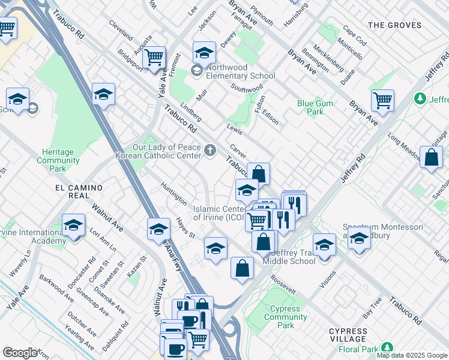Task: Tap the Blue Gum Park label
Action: click(315, 107)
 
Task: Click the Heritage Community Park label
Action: click(58, 161)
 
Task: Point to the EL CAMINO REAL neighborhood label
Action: click(79, 188)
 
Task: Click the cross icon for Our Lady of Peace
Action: click(209, 151)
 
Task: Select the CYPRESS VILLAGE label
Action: click(348, 335)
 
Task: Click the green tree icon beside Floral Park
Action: click(387, 348)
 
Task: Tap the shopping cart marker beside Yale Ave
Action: click(155, 57)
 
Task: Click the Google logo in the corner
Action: click(20, 353)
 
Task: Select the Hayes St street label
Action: click(185, 227)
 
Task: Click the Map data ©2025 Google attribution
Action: click(412, 355)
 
